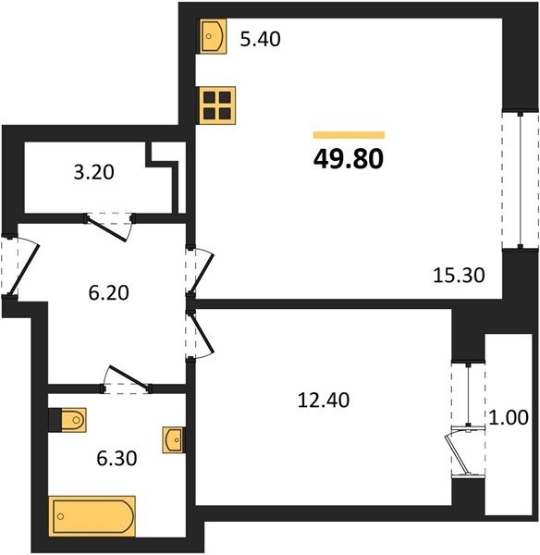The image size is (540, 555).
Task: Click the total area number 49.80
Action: tap(349, 159)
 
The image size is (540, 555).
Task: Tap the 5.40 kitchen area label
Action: tap(260, 39)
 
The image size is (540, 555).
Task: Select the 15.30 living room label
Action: tap(459, 275)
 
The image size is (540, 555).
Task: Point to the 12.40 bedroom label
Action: tap(324, 400)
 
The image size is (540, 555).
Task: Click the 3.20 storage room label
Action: tap(93, 172)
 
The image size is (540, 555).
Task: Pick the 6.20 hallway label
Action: tap(108, 292)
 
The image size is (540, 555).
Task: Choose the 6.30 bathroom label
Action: tap(117, 459)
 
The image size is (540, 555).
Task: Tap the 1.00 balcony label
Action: tap(509, 417)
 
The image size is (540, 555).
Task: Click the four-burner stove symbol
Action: tap(217, 105)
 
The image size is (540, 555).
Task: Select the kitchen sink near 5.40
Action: tap(213, 36)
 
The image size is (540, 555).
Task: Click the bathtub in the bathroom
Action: tap(92, 516)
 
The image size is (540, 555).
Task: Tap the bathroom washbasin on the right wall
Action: tap(174, 439)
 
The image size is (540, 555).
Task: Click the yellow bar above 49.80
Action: tap(349, 135)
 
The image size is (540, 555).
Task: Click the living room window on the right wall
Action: tap(521, 180)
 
